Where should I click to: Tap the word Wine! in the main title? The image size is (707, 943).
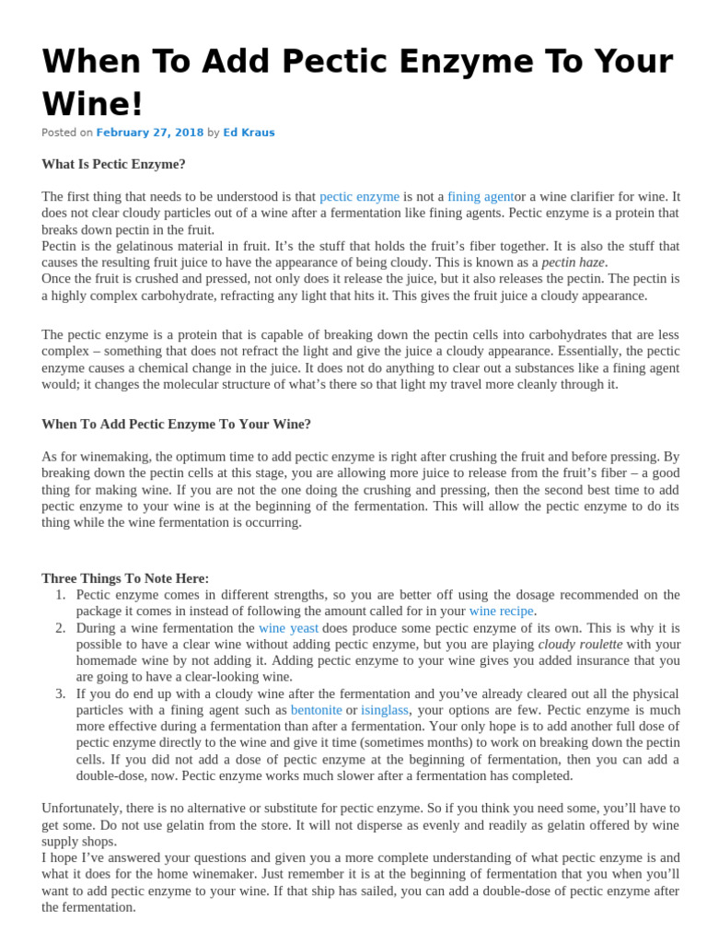coord(93,103)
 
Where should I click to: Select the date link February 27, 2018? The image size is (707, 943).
coord(150,133)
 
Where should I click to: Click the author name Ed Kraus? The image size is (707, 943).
coord(249,133)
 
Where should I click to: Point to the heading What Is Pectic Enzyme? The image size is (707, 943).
coord(113,164)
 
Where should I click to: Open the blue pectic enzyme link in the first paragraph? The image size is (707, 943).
coord(359,196)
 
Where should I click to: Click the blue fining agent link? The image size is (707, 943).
coord(480,196)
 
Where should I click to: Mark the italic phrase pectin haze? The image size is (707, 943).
coord(574,262)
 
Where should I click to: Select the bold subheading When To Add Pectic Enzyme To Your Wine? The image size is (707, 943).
coord(176,424)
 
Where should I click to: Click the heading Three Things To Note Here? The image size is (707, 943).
coord(125,578)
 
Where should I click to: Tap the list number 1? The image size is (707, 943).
coord(59,595)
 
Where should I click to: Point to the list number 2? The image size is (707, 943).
coord(59,628)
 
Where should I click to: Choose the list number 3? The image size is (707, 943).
coord(59,693)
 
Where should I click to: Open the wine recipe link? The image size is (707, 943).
coord(501,611)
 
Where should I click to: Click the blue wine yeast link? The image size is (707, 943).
coord(288,628)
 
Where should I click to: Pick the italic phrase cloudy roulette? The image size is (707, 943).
coord(580,645)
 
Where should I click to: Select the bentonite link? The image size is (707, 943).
coord(316,710)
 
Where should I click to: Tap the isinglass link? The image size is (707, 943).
coord(385,710)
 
